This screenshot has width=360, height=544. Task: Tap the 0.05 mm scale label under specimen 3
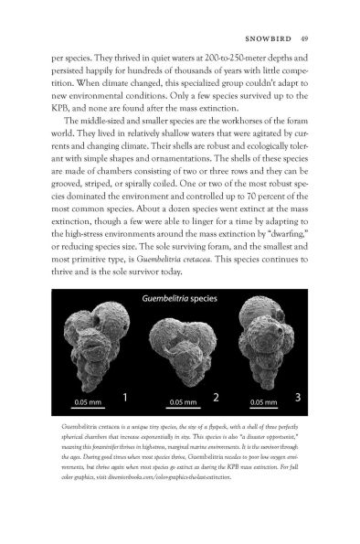pyautogui.click(x=262, y=401)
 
